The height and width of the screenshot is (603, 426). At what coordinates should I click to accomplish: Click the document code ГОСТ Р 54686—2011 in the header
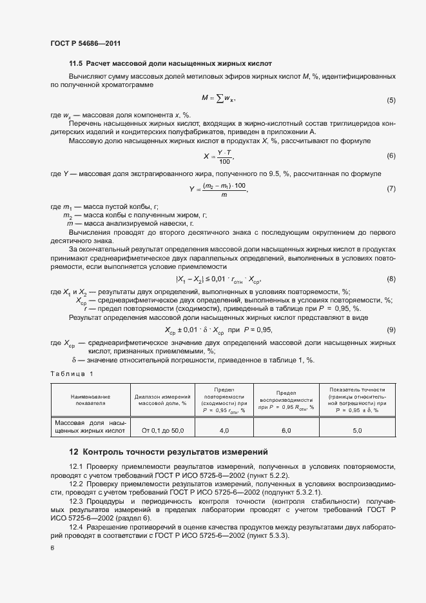[85, 43]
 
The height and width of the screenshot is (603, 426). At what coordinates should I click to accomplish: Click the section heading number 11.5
[76, 64]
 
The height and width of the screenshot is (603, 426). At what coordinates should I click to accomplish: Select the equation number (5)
[391, 101]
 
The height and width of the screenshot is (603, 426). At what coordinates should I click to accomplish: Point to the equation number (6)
[391, 156]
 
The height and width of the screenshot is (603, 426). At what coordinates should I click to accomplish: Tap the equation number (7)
[391, 189]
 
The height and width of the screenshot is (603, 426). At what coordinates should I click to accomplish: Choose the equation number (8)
[391, 279]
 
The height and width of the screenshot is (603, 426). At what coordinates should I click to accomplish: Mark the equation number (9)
[391, 330]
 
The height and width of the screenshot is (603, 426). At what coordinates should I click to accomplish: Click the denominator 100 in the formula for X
[224, 161]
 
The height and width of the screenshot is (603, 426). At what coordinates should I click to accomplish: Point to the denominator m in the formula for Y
[224, 194]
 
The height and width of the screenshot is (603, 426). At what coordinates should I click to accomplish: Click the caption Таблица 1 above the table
[72, 374]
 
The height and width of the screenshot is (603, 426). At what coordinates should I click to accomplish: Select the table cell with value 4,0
[224, 430]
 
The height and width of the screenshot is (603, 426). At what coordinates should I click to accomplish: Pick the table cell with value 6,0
[286, 430]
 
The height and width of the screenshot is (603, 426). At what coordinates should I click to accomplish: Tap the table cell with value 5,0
[356, 430]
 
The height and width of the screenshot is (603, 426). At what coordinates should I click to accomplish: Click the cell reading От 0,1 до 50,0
[162, 430]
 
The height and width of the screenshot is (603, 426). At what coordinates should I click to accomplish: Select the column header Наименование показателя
[90, 400]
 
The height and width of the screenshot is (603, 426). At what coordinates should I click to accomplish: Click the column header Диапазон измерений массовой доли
[162, 400]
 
